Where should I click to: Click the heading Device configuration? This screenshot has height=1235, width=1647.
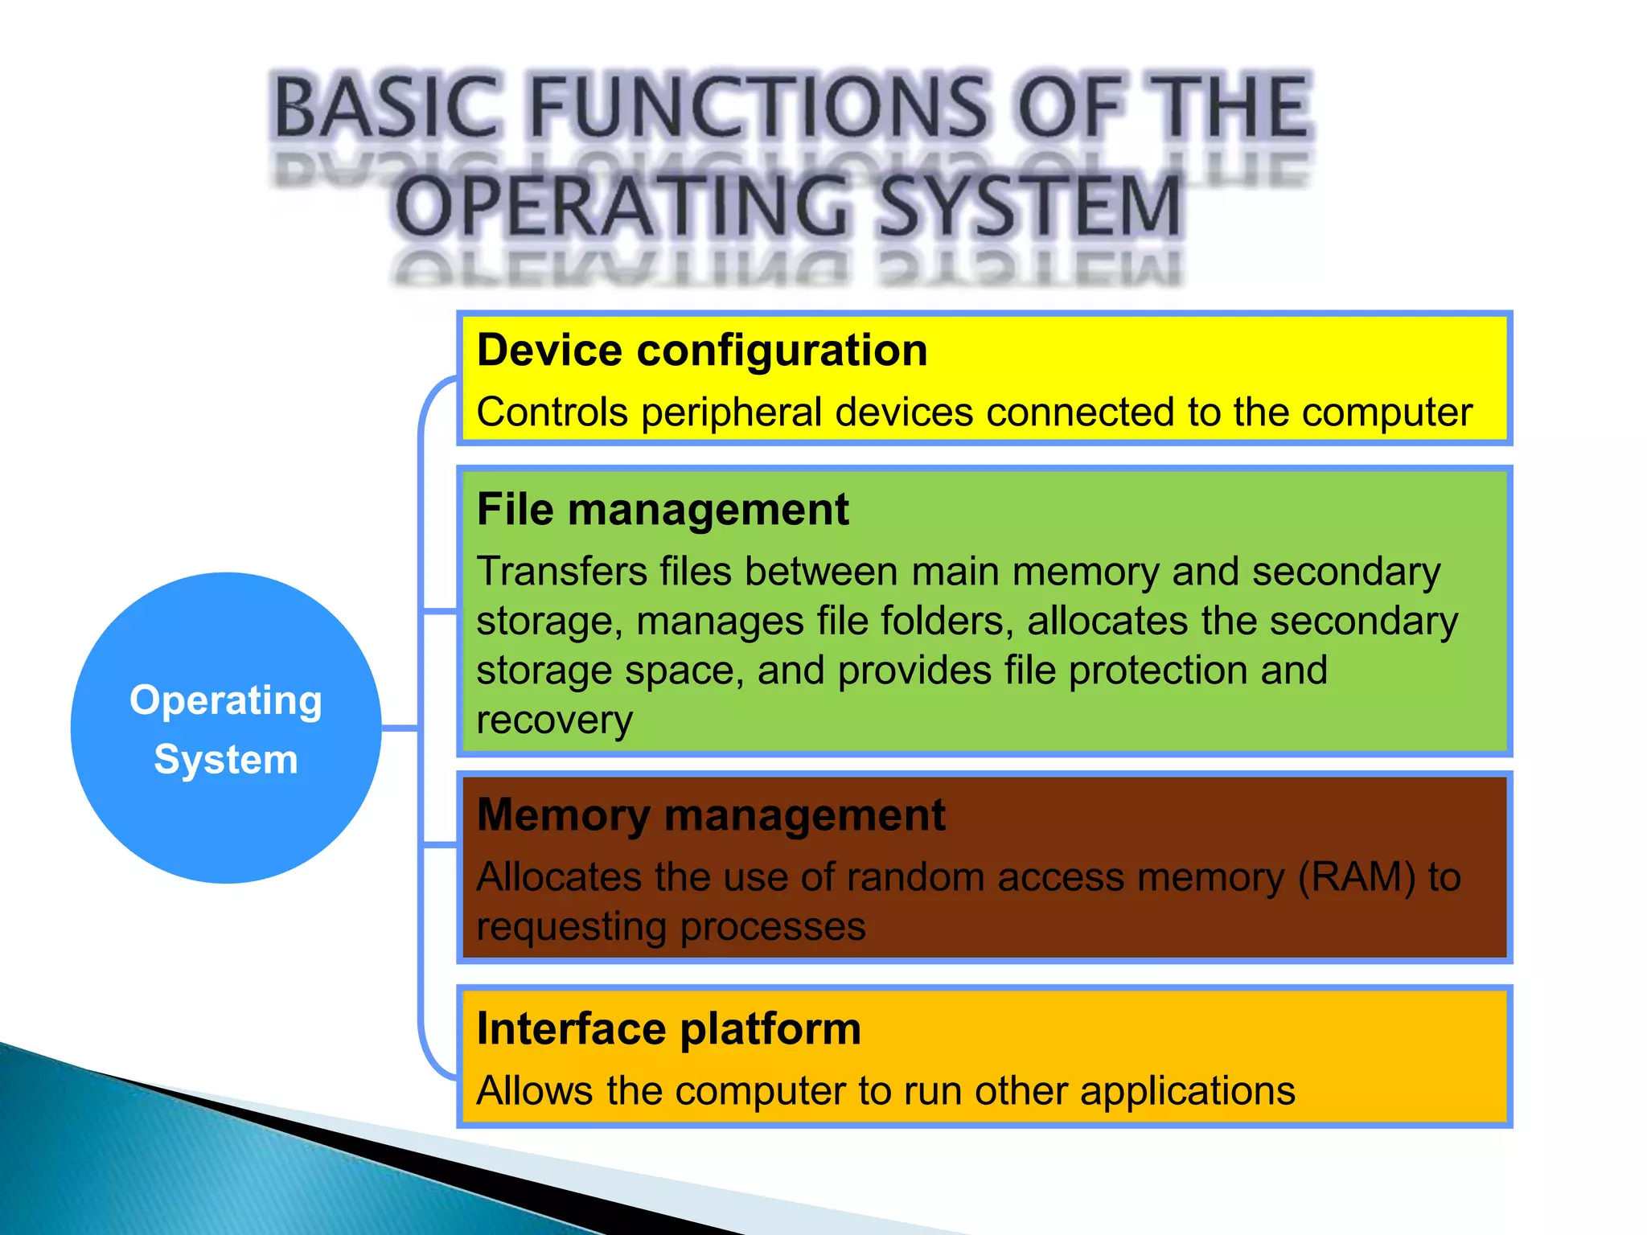coord(701,351)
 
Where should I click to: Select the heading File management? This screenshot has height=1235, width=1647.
coord(662,510)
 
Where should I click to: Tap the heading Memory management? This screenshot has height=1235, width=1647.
coord(710,815)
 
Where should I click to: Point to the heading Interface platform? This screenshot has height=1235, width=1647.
coord(668,1029)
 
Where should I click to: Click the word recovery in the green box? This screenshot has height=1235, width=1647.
coord(554,721)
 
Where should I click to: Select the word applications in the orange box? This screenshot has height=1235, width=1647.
coord(1187,1092)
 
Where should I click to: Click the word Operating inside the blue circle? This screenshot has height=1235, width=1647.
coord(226,701)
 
